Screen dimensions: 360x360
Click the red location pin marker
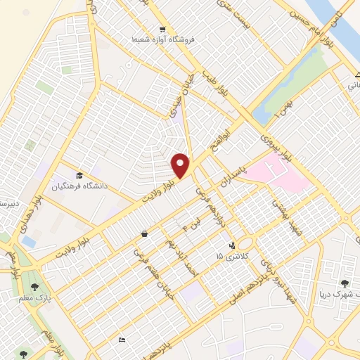tap(181, 165)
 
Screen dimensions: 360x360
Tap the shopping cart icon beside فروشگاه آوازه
tap(162, 30)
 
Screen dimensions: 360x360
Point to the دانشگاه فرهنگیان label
tap(79, 186)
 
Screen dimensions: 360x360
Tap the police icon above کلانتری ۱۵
tap(231, 245)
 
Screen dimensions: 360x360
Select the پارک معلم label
tap(34, 297)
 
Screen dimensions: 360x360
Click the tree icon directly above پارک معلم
tap(34, 286)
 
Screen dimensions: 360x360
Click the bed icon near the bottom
tap(122, 341)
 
